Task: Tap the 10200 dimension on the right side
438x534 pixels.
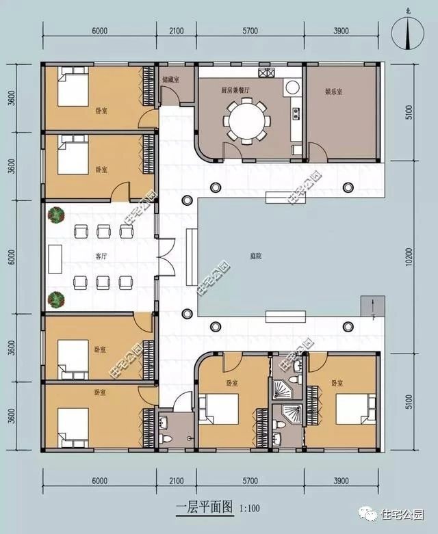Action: click(x=408, y=256)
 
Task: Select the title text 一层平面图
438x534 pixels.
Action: click(x=203, y=507)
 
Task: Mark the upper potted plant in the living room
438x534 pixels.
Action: click(x=55, y=215)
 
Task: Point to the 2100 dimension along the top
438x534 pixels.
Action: click(x=177, y=31)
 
